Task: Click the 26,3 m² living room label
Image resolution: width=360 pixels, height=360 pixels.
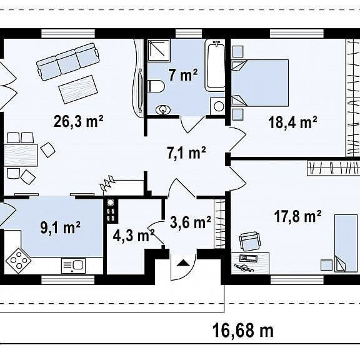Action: click(x=79, y=121)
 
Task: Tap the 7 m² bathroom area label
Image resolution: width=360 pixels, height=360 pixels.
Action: click(x=182, y=74)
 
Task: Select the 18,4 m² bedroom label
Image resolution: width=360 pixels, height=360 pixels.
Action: click(x=292, y=122)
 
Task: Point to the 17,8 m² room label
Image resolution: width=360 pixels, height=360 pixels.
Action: click(x=297, y=216)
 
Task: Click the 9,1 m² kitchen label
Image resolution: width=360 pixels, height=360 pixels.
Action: click(x=61, y=227)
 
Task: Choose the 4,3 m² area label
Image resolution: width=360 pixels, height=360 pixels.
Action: click(x=134, y=236)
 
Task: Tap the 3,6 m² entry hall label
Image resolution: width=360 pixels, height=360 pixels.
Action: click(x=191, y=222)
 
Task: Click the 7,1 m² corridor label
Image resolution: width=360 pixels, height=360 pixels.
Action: click(x=186, y=152)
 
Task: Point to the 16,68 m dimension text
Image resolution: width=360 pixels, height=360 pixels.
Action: click(x=243, y=331)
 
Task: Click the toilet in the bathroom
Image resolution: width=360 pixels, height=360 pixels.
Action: click(x=156, y=86)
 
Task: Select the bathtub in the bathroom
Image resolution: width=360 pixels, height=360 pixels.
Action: click(x=216, y=65)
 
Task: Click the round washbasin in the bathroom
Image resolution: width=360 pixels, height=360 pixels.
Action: click(x=163, y=110)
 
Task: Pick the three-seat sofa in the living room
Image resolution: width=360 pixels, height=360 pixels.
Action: click(x=68, y=61)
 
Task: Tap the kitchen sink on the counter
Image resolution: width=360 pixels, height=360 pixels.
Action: click(x=74, y=266)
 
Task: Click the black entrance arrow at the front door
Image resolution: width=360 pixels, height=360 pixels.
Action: click(x=184, y=262)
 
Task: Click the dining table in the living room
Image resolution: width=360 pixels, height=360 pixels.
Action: click(x=21, y=155)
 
